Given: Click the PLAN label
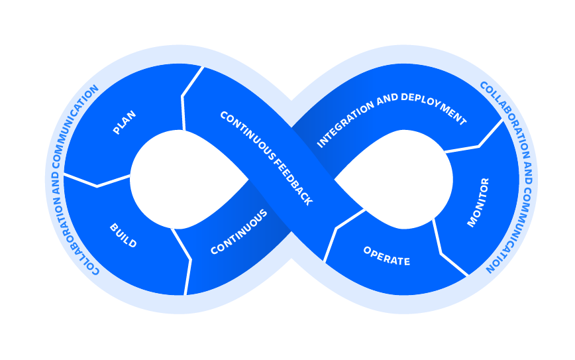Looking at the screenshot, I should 125,123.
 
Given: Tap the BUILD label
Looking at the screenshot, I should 123,236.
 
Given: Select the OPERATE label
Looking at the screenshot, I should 386,256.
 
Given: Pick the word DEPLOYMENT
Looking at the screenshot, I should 430,109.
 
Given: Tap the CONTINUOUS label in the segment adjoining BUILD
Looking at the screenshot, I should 238,232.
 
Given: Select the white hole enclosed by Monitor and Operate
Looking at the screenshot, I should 397,179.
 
